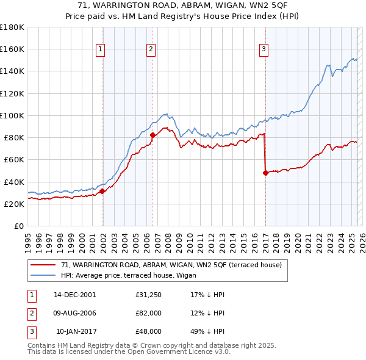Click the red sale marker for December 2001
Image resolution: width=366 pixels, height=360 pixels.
(x=102, y=191)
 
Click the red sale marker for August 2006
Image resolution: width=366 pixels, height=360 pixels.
(x=152, y=135)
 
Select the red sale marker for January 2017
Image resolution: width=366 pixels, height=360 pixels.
(x=265, y=173)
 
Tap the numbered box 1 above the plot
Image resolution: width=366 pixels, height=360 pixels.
(x=100, y=50)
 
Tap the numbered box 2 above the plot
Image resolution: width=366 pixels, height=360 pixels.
(x=151, y=50)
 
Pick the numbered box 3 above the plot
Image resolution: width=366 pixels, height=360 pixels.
(x=264, y=50)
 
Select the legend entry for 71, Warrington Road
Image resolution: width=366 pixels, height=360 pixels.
(x=171, y=265)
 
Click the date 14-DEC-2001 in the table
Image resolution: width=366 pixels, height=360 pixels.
(x=75, y=295)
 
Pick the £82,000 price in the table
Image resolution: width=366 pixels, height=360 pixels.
(x=149, y=313)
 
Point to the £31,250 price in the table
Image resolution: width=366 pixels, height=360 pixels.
(x=149, y=295)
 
